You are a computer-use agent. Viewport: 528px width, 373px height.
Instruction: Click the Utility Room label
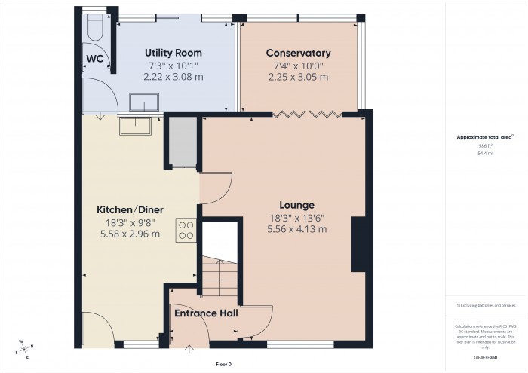pos(174,53)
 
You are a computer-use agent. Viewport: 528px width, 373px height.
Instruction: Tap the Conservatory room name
pos(298,53)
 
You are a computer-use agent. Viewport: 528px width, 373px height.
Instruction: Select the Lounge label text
pos(296,205)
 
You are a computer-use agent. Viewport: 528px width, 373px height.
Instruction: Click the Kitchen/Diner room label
pos(130,209)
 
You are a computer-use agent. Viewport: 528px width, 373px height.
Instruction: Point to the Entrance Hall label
pos(207,313)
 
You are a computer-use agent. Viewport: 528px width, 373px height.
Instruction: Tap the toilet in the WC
pos(94,28)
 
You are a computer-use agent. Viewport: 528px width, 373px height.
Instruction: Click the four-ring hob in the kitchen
pos(186,229)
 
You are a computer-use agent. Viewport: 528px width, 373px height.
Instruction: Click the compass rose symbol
pos(25,347)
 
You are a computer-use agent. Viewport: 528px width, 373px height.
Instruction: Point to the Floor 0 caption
pos(223,364)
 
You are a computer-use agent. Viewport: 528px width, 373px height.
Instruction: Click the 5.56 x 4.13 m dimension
pos(296,229)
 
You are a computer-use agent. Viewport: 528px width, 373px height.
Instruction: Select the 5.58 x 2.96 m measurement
pos(130,234)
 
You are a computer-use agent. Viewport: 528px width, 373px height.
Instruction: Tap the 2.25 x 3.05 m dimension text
pos(298,76)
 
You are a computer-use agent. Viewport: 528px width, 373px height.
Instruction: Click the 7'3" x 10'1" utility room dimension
pos(174,65)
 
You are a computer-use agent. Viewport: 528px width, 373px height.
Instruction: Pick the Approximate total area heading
pos(485,136)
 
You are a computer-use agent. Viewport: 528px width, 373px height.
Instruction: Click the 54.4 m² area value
pos(485,153)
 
